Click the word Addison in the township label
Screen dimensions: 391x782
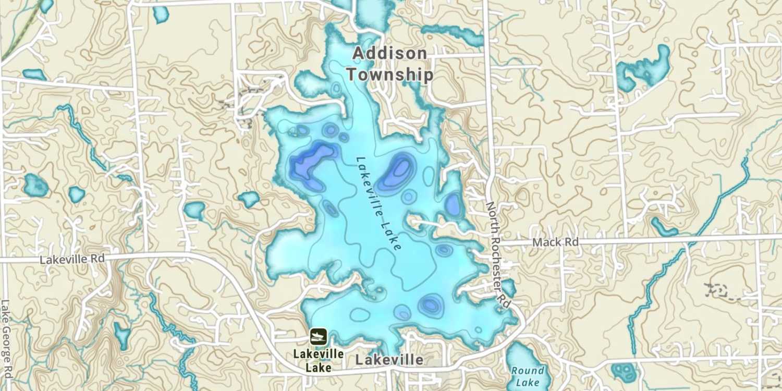389,53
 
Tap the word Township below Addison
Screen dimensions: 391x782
389,75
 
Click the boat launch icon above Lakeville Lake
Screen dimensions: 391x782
318,337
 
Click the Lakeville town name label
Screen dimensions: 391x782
389,360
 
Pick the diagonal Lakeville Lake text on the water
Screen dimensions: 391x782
378,204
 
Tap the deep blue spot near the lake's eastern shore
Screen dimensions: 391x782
453,204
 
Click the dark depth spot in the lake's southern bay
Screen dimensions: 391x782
431,304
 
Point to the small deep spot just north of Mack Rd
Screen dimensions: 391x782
444,250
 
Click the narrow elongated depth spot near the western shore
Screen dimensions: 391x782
331,209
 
